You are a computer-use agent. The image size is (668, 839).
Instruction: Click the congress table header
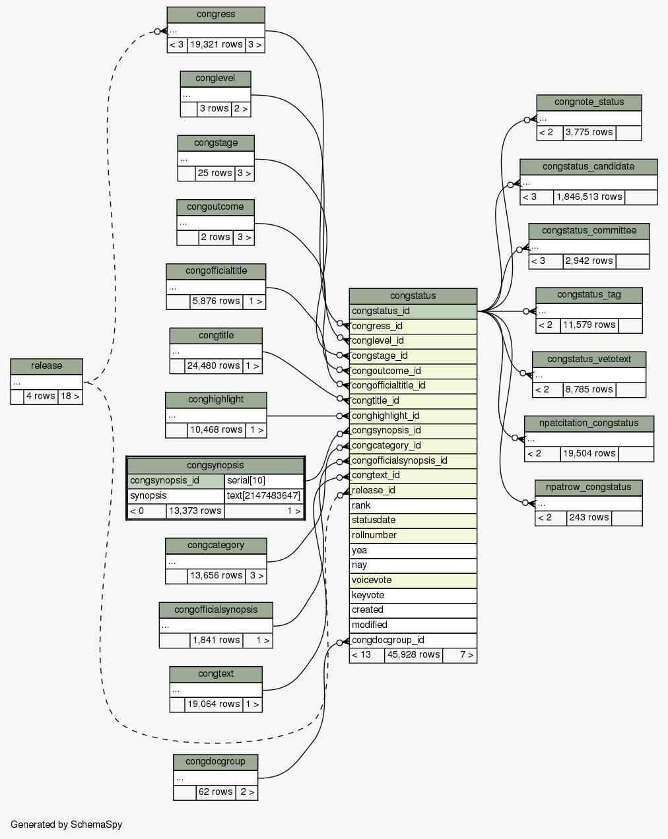[x=215, y=15]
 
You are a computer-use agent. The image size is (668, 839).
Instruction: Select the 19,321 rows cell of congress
[x=216, y=46]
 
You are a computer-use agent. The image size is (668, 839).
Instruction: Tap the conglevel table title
[x=215, y=78]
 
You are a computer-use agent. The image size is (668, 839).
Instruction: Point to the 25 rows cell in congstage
[x=214, y=173]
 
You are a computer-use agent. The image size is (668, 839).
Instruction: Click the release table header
[x=46, y=366]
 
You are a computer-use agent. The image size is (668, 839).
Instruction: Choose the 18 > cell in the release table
[x=69, y=396]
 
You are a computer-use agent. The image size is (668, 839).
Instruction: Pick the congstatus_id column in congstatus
[x=413, y=311]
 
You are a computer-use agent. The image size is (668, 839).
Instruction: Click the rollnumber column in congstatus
[x=413, y=535]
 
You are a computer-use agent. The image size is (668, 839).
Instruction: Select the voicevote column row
[x=413, y=580]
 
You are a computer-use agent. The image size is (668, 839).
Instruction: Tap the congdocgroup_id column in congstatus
[x=413, y=640]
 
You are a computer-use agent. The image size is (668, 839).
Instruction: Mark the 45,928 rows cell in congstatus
[x=413, y=655]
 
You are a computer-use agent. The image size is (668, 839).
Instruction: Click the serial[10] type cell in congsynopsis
[x=263, y=480]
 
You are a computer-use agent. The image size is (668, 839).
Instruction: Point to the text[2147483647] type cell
[x=263, y=495]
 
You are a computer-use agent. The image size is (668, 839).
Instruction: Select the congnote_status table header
[x=589, y=102]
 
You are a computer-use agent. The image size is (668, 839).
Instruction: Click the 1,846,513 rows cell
[x=589, y=197]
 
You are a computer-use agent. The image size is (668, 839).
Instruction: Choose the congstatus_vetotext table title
[x=589, y=359]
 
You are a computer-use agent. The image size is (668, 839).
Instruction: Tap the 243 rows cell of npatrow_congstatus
[x=589, y=518]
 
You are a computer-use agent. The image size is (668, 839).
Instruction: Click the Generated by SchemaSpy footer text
[x=66, y=824]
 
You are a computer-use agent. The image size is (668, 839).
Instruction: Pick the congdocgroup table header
[x=215, y=762]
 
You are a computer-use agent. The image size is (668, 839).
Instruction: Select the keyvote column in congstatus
[x=413, y=595]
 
